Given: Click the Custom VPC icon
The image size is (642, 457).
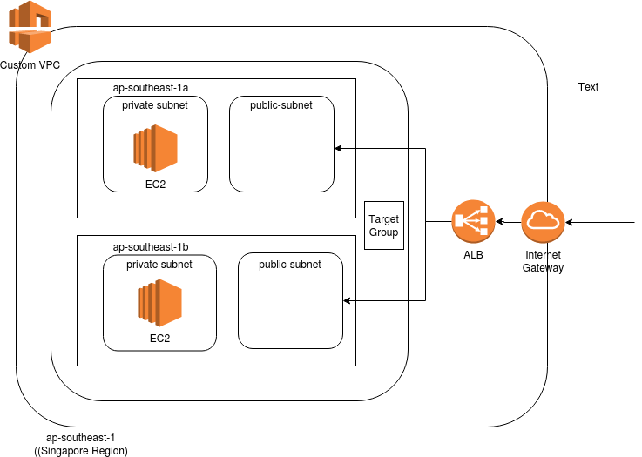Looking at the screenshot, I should point(30,26).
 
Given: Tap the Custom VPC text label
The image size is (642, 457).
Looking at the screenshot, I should point(30,65).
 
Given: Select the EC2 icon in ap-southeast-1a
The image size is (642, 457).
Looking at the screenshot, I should point(155,147).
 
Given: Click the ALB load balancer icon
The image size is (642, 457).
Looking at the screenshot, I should point(473,222).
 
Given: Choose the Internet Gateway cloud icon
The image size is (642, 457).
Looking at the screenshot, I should point(543,222).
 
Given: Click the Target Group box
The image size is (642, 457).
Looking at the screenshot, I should point(383,225).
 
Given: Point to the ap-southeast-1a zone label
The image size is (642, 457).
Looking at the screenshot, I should point(152,89).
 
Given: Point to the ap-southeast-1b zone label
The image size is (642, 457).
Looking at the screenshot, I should point(152,247).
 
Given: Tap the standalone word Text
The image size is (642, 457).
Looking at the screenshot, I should point(588,87).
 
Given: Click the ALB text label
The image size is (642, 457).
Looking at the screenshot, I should point(473,255).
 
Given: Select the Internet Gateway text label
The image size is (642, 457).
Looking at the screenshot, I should point(543,261).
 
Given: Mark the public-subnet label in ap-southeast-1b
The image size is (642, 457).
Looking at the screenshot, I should point(289,264).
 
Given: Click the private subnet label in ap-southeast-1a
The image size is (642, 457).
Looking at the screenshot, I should point(155,105).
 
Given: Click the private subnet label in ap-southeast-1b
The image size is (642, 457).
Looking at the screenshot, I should point(159,264).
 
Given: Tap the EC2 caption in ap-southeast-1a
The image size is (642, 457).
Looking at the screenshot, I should point(155,185).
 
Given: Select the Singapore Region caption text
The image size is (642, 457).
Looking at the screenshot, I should point(81,451).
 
